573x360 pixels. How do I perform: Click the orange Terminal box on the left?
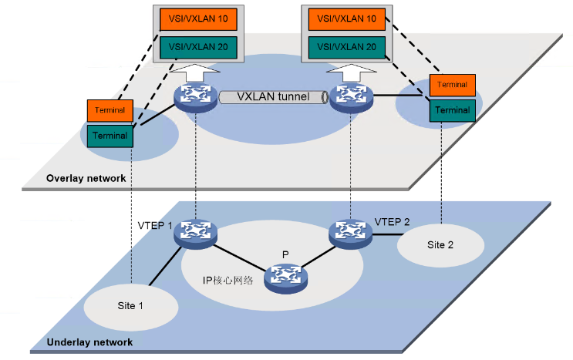tap(111, 110)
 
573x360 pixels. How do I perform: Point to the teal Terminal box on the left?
tap(111, 136)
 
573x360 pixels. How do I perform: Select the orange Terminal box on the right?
tap(452, 84)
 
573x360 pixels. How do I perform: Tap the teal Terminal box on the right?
tap(452, 109)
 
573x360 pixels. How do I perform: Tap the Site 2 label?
tap(440, 244)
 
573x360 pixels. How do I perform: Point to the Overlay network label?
tap(86, 178)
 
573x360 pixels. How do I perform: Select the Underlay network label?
tap(90, 341)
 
